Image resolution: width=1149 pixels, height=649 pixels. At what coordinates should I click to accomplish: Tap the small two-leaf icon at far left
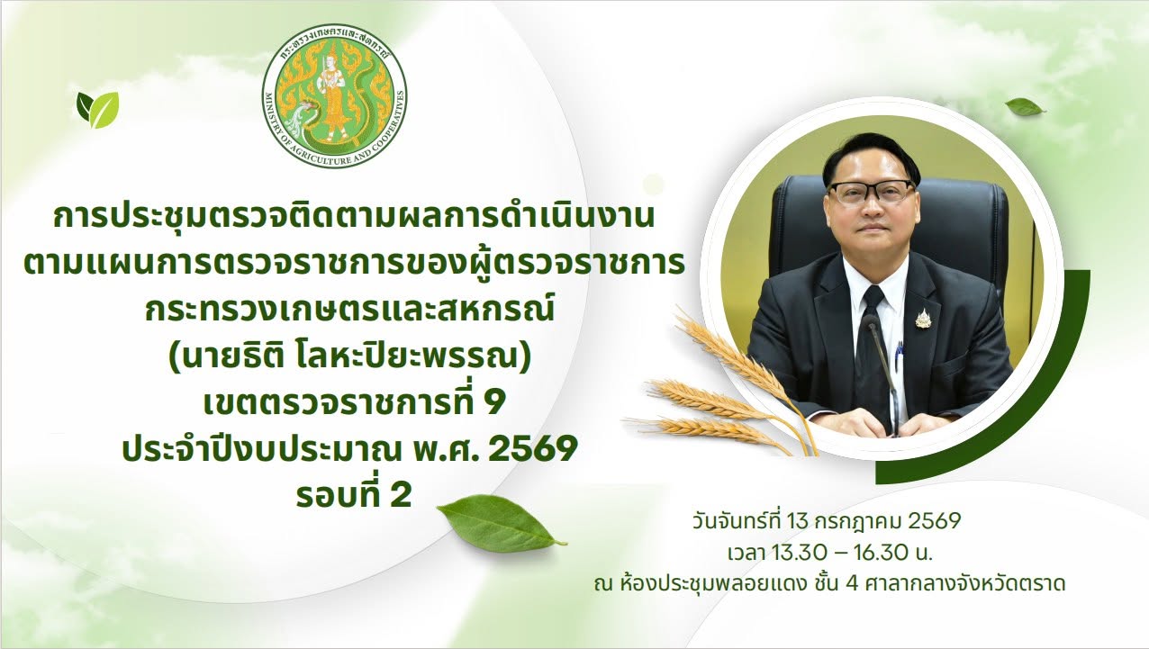click(97, 110)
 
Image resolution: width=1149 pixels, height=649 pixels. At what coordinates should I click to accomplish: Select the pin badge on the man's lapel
click(922, 320)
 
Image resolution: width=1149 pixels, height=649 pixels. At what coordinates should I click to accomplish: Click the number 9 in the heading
click(495, 404)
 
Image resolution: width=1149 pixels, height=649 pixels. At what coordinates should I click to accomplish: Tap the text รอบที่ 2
click(354, 496)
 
